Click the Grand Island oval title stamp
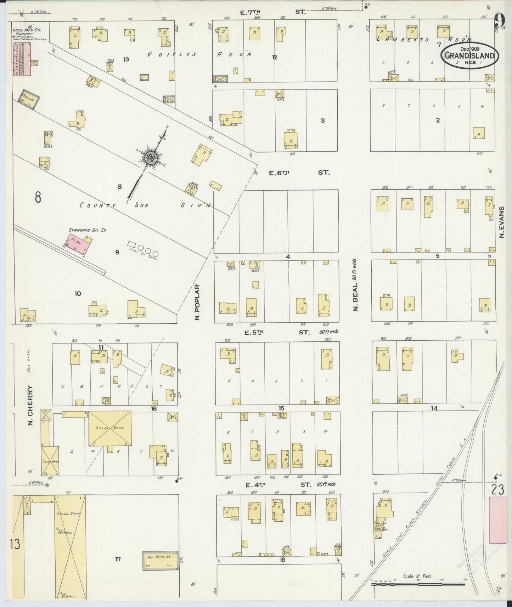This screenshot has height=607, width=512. (x=469, y=55)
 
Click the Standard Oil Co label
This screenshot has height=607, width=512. (x=88, y=230)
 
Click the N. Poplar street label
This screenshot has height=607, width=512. (x=198, y=302)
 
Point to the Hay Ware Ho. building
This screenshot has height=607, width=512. (x=160, y=561)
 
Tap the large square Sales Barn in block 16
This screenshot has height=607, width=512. (x=109, y=428)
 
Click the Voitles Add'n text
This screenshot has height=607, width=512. (x=198, y=55)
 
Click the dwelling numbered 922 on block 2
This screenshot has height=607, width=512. (x=479, y=133)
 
